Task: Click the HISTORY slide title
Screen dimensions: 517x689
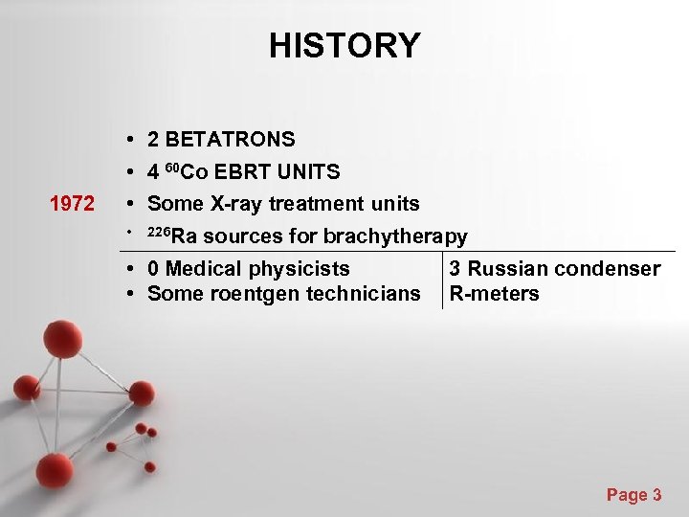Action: [x=344, y=45]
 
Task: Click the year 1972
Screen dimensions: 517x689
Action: [x=73, y=204]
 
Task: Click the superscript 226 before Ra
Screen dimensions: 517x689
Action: [x=158, y=233]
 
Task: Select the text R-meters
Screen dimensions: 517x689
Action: [x=494, y=294]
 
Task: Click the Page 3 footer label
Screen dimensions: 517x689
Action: [x=633, y=495]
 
